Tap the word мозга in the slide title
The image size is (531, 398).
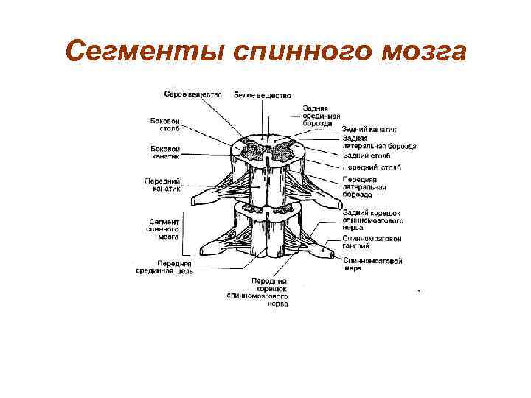(419, 52)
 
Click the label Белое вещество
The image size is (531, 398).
(263, 95)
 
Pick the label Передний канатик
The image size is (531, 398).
(163, 184)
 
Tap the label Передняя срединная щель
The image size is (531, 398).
(164, 267)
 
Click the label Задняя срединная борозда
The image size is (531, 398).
(322, 116)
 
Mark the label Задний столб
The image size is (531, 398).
(367, 156)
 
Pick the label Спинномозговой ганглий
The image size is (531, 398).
(372, 242)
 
